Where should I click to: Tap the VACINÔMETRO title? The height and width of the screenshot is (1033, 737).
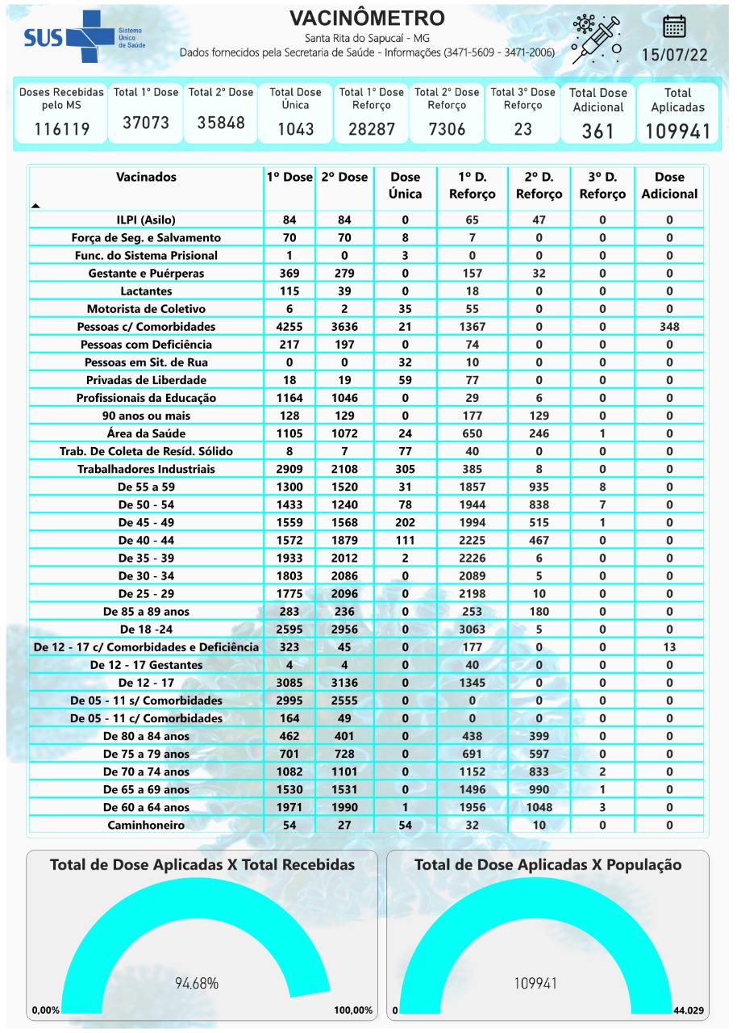pyautogui.click(x=367, y=19)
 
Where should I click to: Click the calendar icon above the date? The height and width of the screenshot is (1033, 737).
pyautogui.click(x=674, y=26)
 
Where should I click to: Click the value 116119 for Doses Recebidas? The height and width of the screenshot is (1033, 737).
pyautogui.click(x=62, y=128)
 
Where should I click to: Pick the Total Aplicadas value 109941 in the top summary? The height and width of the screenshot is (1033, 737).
pyautogui.click(x=677, y=132)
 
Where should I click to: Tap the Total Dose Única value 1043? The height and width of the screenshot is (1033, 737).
pyautogui.click(x=295, y=129)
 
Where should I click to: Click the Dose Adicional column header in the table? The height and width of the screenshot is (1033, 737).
pyautogui.click(x=669, y=185)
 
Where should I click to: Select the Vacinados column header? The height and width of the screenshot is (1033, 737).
pyautogui.click(x=146, y=177)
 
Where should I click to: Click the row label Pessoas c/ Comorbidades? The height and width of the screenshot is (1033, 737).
pyautogui.click(x=146, y=327)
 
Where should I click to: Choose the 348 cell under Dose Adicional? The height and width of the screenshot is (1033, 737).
pyautogui.click(x=669, y=327)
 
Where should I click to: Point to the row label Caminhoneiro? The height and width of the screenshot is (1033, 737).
pyautogui.click(x=146, y=825)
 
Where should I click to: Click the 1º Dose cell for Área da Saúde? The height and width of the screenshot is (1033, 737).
pyautogui.click(x=289, y=433)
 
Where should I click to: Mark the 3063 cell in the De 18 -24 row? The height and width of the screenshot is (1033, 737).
pyautogui.click(x=472, y=629)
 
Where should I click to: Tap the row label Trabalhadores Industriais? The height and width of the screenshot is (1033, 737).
pyautogui.click(x=146, y=469)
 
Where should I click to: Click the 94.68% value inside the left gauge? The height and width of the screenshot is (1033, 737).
pyautogui.click(x=197, y=983)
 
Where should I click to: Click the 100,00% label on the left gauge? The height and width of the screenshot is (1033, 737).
pyautogui.click(x=353, y=1010)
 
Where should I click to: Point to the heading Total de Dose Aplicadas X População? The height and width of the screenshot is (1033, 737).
pyautogui.click(x=548, y=864)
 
